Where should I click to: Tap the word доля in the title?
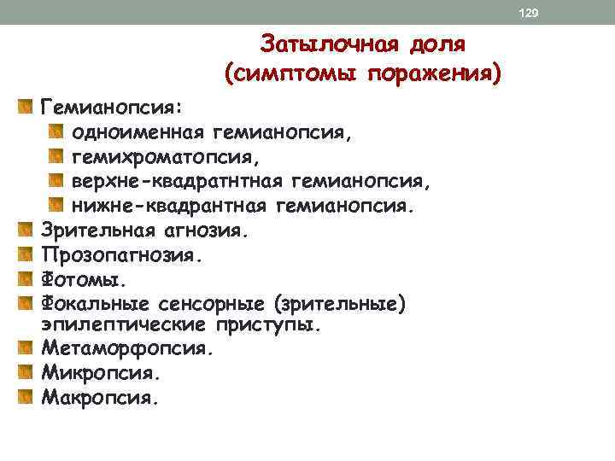434,44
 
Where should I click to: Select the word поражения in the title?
435,74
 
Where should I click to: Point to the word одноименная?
138,132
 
